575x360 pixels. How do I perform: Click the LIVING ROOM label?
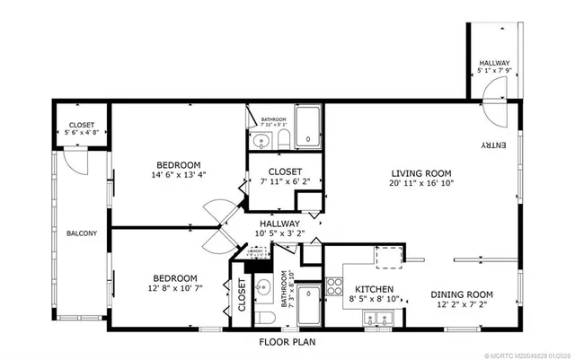click(x=420, y=173)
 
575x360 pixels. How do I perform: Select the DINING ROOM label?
click(x=462, y=294)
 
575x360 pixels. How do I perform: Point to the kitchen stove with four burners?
click(x=333, y=287)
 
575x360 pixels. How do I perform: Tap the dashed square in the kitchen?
click(x=387, y=257)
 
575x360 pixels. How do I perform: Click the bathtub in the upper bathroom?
click(x=308, y=128)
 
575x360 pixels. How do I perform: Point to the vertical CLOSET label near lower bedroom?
click(x=243, y=296)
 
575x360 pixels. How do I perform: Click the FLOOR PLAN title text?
click(x=287, y=342)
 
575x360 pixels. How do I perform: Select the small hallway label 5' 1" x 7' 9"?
click(x=494, y=65)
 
